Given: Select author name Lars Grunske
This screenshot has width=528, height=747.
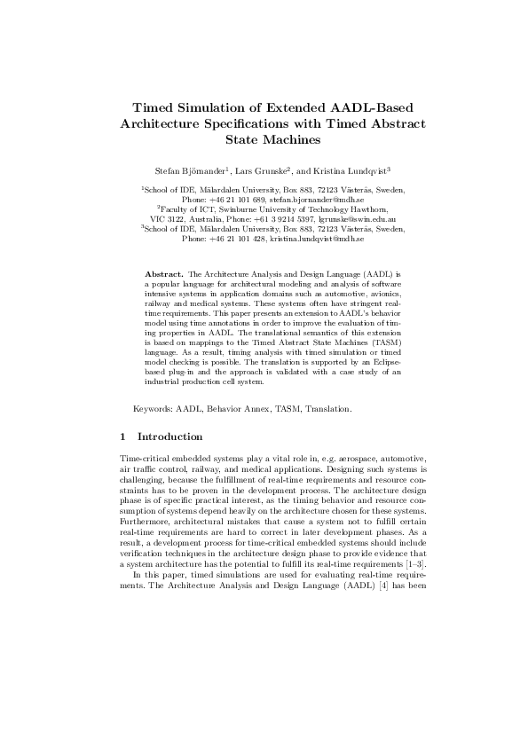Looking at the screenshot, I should click(253, 169).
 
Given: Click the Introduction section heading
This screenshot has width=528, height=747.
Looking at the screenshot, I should click(170, 436).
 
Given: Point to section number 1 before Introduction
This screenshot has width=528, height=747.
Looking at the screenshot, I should click(122, 436).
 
